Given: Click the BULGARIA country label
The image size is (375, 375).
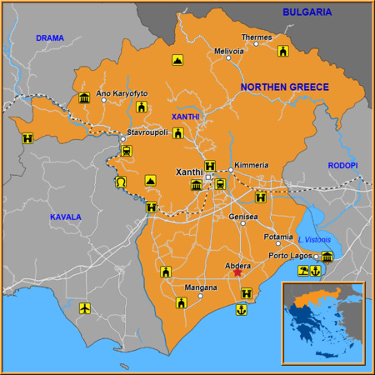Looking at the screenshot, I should click(307, 12).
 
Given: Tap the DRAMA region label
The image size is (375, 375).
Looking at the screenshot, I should click(49, 38).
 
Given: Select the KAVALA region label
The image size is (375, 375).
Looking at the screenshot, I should click(65, 217).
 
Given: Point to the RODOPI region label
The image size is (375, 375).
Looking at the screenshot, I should click(342, 166).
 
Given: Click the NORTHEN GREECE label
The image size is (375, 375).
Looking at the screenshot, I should click(284, 87).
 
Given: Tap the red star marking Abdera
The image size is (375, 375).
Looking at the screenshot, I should click(237, 272).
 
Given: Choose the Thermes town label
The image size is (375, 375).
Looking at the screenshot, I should click(256, 37).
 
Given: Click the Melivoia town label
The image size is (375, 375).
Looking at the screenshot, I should click(229, 51).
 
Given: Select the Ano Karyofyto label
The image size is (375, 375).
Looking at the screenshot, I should click(122, 93).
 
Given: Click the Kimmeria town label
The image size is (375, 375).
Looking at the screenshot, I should click(252, 165).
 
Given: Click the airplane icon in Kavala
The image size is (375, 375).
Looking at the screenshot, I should click(84, 308).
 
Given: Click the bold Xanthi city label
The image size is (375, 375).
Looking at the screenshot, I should click(190, 172).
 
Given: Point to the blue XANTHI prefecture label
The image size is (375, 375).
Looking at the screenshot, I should click(186, 117).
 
